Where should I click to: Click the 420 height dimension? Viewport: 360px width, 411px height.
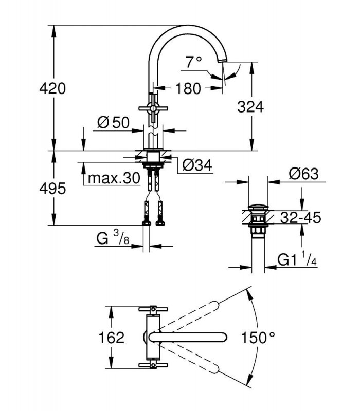tap(52, 88)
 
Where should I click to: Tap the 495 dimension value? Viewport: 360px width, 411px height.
tap(52, 189)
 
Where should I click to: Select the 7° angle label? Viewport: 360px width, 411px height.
tap(194, 62)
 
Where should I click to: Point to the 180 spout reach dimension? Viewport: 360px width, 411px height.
tap(188, 88)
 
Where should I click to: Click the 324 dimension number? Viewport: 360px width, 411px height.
tap(250, 107)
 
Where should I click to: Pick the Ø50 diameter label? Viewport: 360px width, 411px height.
tap(113, 122)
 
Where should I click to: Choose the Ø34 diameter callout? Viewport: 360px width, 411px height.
tap(197, 165)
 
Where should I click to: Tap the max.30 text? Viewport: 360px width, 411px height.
tap(114, 178)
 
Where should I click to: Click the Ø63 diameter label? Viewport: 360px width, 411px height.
tap(303, 174)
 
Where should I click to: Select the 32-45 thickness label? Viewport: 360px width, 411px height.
tap(300, 217)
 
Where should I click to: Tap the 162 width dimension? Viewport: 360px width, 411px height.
tap(111, 338)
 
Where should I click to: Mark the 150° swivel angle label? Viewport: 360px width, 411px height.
tap(258, 338)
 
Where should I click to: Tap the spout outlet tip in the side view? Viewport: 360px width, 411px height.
tap(223, 61)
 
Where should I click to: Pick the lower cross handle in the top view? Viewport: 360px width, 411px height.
tap(153, 365)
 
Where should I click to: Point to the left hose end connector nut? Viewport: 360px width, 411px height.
tap(146, 223)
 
